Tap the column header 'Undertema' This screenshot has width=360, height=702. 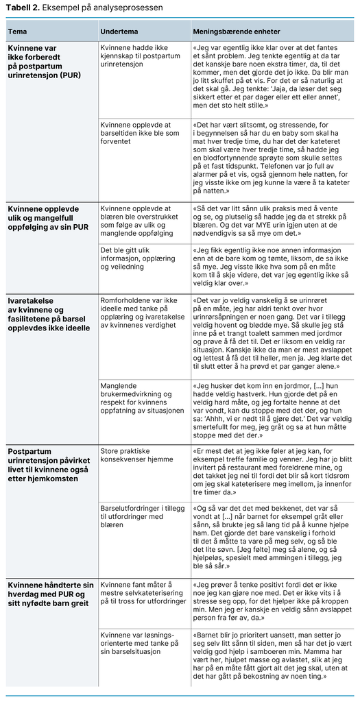click(x=118, y=32)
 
